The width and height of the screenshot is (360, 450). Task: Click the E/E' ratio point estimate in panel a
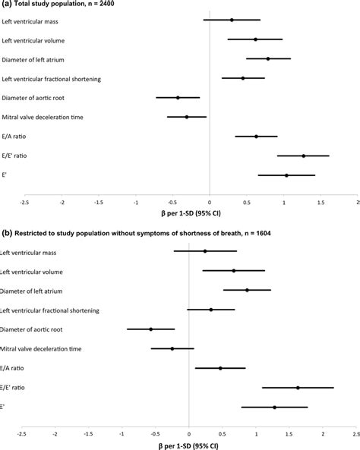click(303, 156)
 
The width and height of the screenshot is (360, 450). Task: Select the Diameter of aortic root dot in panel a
click(178, 97)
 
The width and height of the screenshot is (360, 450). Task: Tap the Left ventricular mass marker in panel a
click(232, 20)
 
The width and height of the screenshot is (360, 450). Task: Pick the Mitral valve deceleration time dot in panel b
click(172, 348)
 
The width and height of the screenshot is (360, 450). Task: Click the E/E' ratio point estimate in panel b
click(298, 388)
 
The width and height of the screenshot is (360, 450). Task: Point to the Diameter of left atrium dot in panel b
click(247, 290)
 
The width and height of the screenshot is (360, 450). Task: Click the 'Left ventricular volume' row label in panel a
click(33, 39)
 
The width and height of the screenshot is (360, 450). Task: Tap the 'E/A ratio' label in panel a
click(15, 137)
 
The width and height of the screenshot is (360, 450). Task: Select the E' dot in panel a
click(286, 175)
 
